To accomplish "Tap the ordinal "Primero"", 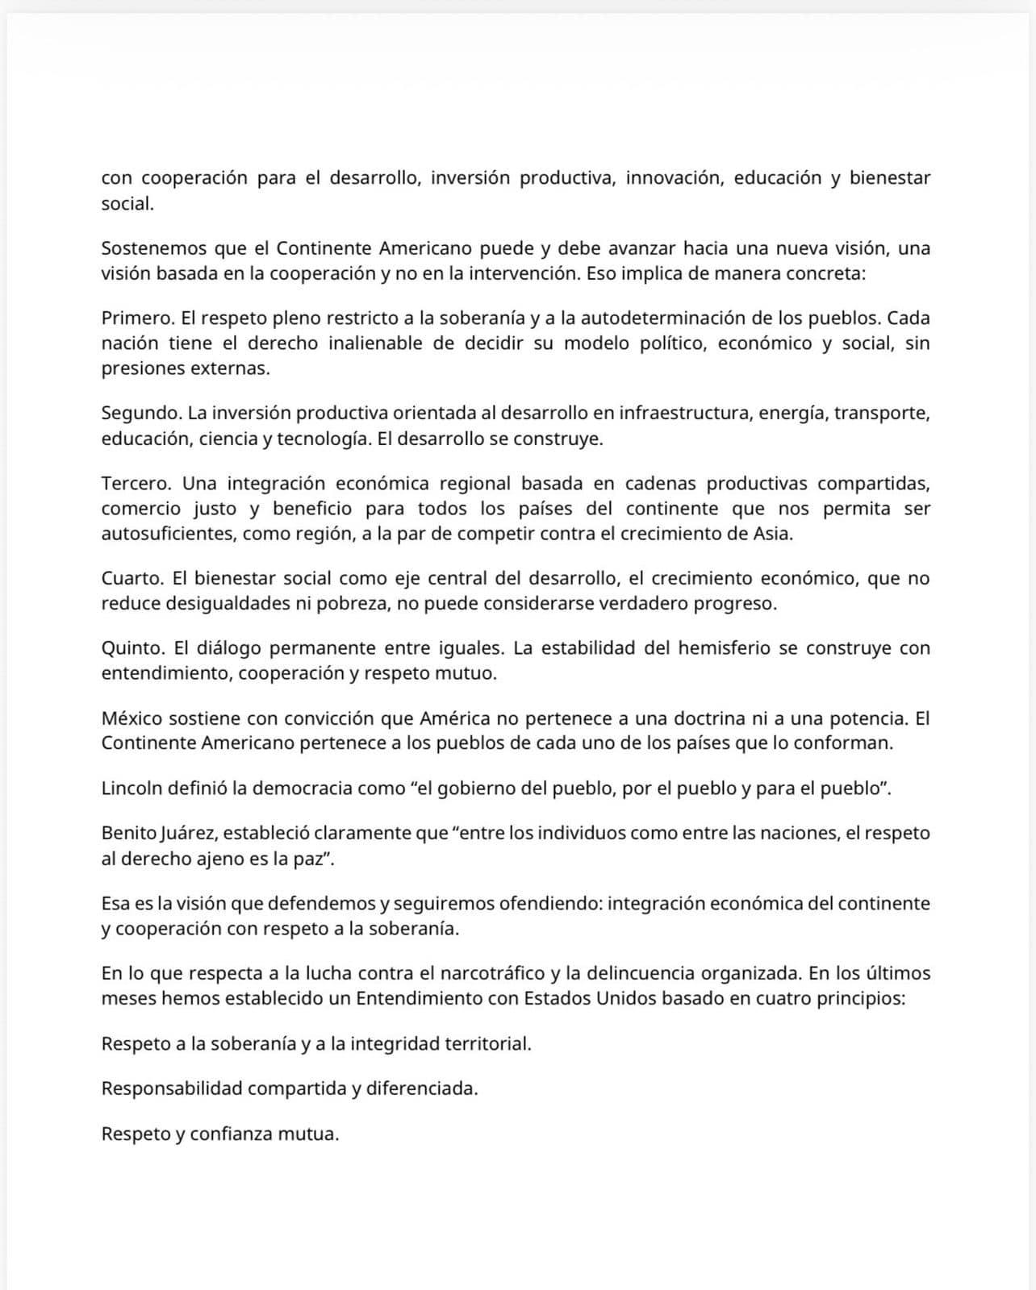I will pos(135,318).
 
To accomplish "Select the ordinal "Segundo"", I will pos(140,414).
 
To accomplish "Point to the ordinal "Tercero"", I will pos(135,484).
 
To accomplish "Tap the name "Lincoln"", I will pos(132,789).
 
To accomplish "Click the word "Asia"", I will pos(771,534).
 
